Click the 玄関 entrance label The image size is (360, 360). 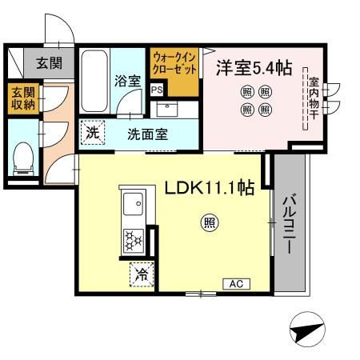pyautogui.click(x=43, y=62)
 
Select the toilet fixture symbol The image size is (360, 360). pyautogui.click(x=22, y=158)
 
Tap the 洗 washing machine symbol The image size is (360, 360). pyautogui.click(x=94, y=133)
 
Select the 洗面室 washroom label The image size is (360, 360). pyautogui.click(x=147, y=134)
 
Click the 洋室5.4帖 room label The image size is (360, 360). pyautogui.click(x=253, y=69)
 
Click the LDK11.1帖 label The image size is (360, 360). pyautogui.click(x=210, y=187)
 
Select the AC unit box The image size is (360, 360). pyautogui.click(x=236, y=283)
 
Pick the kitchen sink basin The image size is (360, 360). pyautogui.click(x=132, y=206)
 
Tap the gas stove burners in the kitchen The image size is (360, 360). pyautogui.click(x=131, y=239)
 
